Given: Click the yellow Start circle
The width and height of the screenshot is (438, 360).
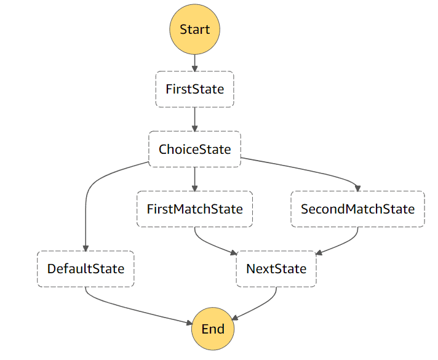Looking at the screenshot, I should coord(194,29).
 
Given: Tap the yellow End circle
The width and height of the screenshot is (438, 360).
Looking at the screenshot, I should coord(213,328).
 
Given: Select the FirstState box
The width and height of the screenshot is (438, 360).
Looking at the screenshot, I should coord(194,89).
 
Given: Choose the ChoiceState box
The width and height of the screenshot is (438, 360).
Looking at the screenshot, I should coord(194,149).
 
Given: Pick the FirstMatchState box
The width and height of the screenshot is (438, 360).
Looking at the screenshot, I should coord(194,209).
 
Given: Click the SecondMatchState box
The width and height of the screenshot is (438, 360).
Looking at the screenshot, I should coord(357,209).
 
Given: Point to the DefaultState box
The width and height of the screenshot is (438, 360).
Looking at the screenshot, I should coord(86,269).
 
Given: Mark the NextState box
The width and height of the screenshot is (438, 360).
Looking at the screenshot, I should coord(276,269).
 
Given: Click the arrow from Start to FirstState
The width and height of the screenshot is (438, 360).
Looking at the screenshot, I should coord(194,62).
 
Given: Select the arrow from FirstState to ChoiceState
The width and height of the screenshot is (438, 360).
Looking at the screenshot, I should coord(194,119).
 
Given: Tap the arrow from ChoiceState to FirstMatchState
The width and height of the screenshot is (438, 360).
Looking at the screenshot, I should coord(194,179).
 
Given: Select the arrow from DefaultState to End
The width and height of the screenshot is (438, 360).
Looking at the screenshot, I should coord(135,310).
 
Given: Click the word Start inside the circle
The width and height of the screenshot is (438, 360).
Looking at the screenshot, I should coord(194,29).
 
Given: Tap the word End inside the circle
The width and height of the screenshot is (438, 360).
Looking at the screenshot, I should coord(213,328).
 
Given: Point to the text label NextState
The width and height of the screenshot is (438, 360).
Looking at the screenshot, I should coord(276,269).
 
